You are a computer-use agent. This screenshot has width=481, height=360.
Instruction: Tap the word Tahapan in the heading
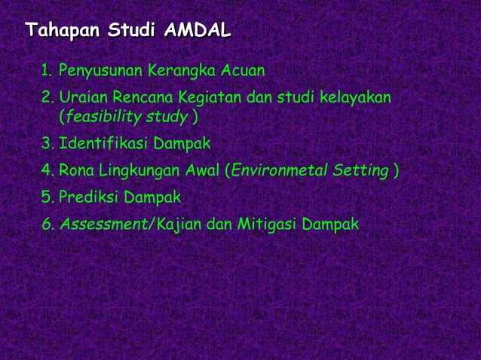pos(63,31)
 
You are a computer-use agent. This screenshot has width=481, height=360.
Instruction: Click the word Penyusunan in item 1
pos(102,72)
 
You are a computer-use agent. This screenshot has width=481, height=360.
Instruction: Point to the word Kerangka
pos(183,72)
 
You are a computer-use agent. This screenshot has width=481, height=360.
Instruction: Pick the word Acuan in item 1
pos(244,72)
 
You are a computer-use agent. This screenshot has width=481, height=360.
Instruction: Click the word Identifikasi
pos(103,143)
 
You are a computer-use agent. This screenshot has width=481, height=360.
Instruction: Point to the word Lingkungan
pos(138,171)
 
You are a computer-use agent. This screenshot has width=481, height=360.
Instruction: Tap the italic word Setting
pos(361,171)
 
